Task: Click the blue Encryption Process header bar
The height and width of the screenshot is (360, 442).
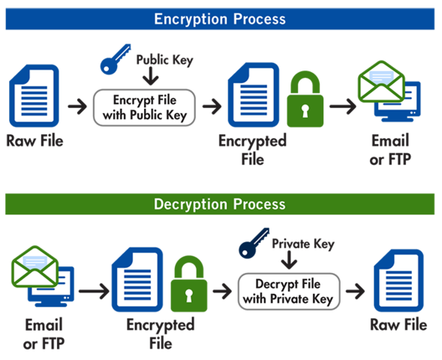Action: pyautogui.click(x=220, y=19)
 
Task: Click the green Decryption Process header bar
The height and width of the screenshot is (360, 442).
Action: pyautogui.click(x=220, y=204)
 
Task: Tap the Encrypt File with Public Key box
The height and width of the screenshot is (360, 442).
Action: pyautogui.click(x=144, y=107)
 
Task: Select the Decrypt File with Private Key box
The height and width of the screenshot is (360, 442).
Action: pyautogui.click(x=288, y=291)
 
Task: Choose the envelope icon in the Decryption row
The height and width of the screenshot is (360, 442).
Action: pyautogui.click(x=34, y=266)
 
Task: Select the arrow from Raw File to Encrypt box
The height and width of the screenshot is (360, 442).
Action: pyautogui.click(x=77, y=107)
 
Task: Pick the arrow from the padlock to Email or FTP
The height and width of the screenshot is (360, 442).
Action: pyautogui.click(x=342, y=106)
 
